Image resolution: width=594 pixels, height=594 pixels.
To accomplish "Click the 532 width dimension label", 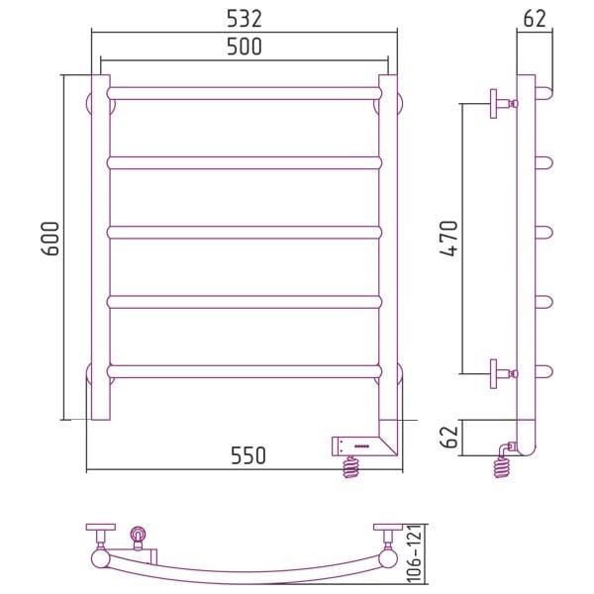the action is point(245,19).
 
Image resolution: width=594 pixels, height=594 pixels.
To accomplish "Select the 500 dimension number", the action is point(245,47).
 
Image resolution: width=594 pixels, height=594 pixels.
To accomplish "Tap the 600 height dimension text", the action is point(50,239).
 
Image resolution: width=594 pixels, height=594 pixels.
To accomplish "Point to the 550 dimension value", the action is point(248,455).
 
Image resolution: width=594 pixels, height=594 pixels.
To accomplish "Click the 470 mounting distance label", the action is point(449,239).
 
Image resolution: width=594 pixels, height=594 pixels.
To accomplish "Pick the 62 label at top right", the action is point(535,18).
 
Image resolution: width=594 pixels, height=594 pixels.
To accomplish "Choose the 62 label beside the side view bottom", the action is point(450,437).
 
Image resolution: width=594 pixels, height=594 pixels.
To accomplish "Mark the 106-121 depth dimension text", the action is point(415,555).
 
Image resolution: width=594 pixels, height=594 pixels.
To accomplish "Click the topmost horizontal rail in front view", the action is point(245,94).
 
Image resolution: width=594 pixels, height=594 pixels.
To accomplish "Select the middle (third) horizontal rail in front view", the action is point(245,233).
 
